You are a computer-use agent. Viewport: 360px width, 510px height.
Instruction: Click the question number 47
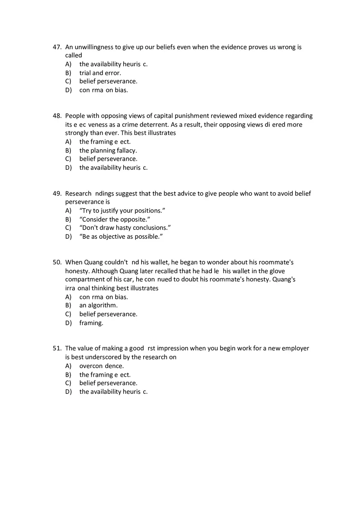[57, 47]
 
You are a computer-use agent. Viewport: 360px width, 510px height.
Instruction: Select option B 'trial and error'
[100, 73]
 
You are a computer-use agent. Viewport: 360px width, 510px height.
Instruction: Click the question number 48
[57, 116]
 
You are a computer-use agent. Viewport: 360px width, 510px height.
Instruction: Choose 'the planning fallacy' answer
[108, 151]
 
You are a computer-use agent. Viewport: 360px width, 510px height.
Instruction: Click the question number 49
[57, 193]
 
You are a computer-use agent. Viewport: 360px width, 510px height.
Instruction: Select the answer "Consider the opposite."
[115, 219]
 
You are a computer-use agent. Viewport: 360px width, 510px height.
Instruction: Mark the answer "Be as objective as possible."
[121, 237]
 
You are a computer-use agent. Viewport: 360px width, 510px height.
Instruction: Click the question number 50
[57, 262]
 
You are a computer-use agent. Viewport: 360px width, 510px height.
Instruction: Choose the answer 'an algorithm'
[98, 305]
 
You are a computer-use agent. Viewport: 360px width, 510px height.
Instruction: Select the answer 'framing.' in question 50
[91, 323]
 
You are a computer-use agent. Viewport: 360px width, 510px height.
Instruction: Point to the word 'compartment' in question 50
[83, 279]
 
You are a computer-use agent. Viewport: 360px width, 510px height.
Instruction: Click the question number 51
[57, 348]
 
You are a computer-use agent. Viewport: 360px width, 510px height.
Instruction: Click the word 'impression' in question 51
[173, 348]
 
